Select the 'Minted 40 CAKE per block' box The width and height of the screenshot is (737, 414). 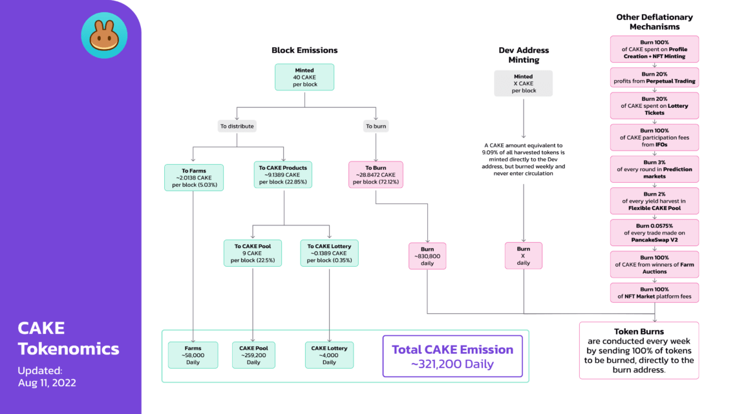pyautogui.click(x=304, y=76)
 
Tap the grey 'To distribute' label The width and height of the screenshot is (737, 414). pyautogui.click(x=237, y=126)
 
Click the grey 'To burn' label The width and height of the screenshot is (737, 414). pyautogui.click(x=376, y=126)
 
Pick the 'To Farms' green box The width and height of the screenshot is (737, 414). pyautogui.click(x=194, y=176)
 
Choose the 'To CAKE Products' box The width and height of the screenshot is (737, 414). pyautogui.click(x=283, y=174)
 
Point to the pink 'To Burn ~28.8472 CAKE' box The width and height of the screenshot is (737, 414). pyautogui.click(x=376, y=174)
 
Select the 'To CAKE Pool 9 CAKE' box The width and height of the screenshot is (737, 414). pyautogui.click(x=253, y=253)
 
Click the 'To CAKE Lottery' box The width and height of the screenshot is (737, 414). pyautogui.click(x=329, y=253)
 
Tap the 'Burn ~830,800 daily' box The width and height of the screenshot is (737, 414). pyautogui.click(x=427, y=256)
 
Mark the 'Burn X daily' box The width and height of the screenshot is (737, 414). pyautogui.click(x=523, y=256)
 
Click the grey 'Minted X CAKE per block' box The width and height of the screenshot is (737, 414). pyautogui.click(x=523, y=83)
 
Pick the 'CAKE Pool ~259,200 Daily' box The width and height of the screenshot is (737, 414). pyautogui.click(x=253, y=355)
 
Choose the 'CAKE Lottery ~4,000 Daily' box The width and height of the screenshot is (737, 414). pyautogui.click(x=329, y=355)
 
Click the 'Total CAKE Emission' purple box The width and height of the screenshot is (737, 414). pyautogui.click(x=452, y=356)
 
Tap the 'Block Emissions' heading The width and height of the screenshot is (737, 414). pyautogui.click(x=304, y=50)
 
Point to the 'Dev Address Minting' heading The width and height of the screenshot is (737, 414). pyautogui.click(x=523, y=55)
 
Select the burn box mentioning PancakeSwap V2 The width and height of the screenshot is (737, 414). pyautogui.click(x=655, y=233)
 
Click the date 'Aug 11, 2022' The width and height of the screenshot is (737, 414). pyautogui.click(x=47, y=382)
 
